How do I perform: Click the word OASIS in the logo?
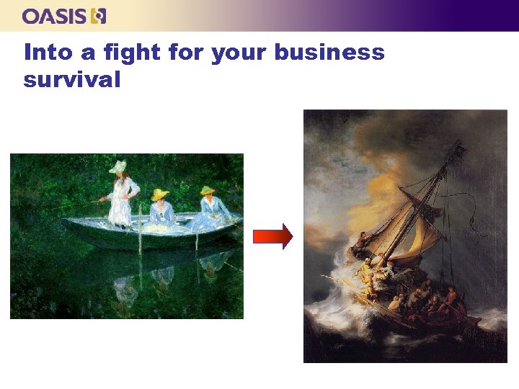click(55, 16)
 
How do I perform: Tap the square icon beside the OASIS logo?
click(99, 16)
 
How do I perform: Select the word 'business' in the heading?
click(329, 53)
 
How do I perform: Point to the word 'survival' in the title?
click(71, 79)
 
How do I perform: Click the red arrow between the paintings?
click(272, 236)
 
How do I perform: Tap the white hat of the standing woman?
click(118, 167)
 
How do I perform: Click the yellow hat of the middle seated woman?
click(159, 194)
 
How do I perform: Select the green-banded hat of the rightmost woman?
click(208, 191)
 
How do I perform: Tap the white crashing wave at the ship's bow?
click(339, 288)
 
